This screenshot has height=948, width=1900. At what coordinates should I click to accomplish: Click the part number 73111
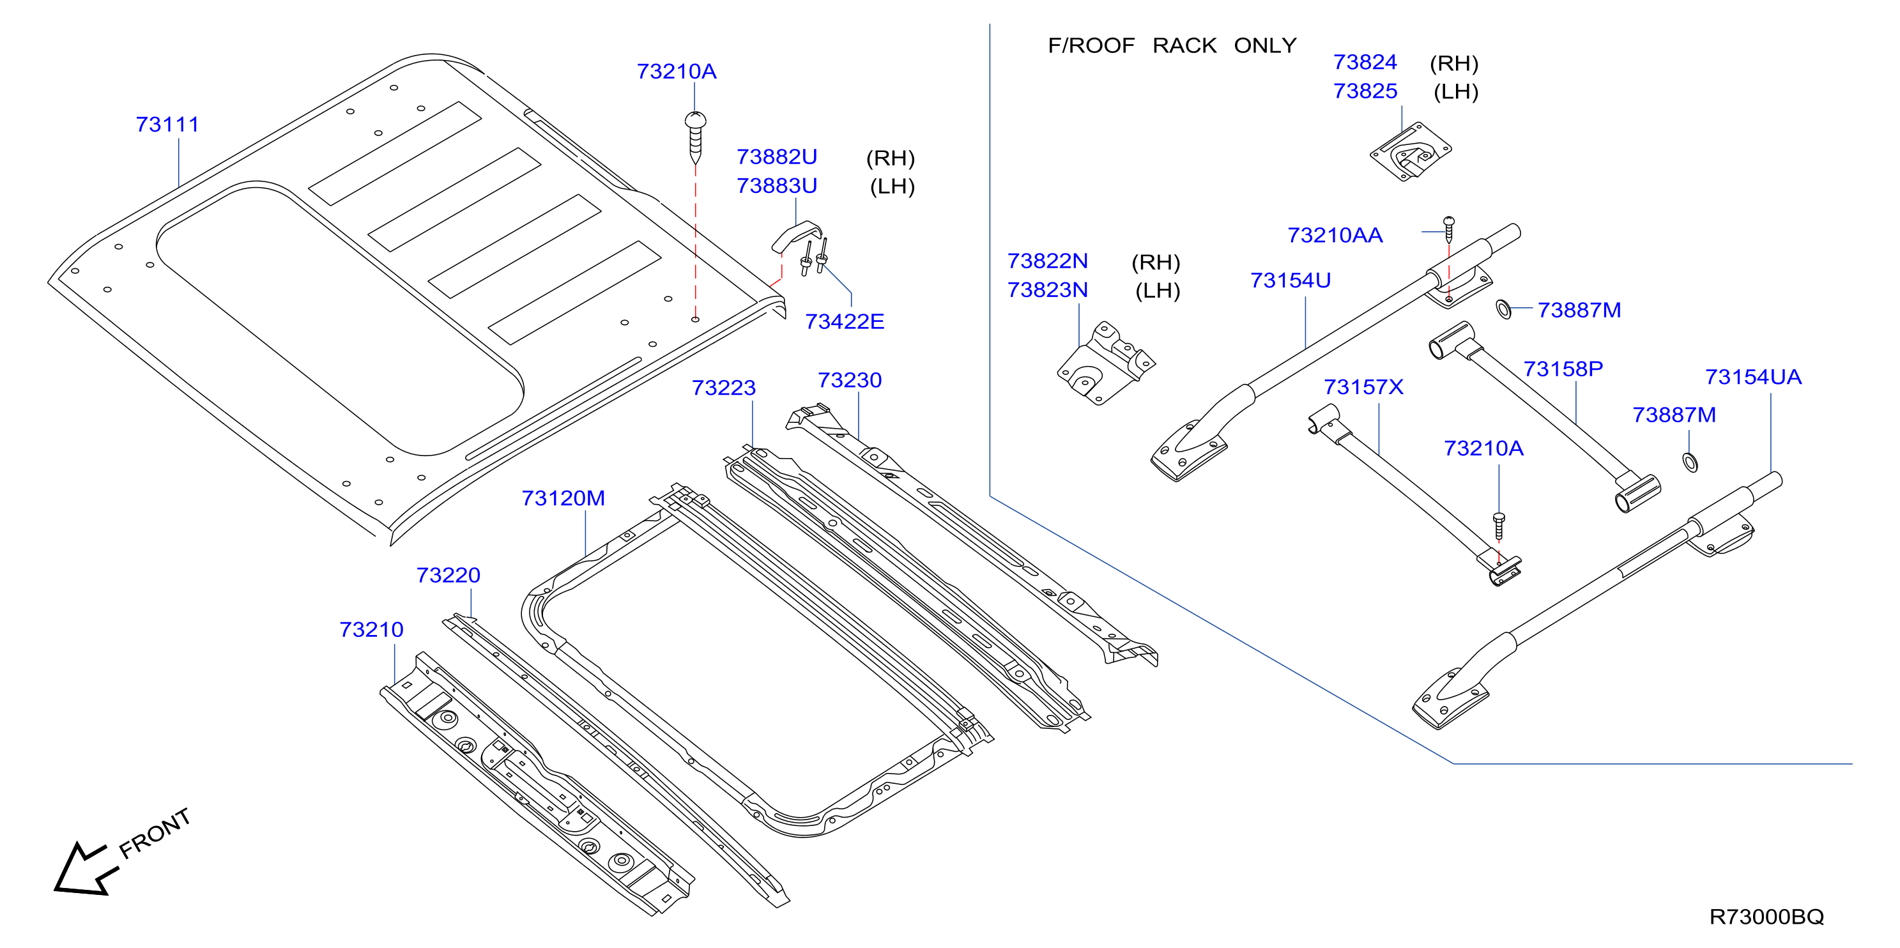167,124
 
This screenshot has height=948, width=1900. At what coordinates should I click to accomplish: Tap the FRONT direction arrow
86,868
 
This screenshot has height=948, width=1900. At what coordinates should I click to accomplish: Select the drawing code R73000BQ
1766,917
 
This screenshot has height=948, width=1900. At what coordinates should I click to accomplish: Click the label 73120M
563,498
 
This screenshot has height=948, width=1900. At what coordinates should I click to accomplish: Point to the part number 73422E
845,322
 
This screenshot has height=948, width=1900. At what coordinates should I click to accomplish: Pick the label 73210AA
1335,235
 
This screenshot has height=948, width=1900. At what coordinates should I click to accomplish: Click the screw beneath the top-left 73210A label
696,137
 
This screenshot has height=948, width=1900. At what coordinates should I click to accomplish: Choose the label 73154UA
1753,377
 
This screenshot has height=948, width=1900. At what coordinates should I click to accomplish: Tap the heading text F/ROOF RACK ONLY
1172,46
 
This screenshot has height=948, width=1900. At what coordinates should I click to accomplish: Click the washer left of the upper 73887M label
1503,310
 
